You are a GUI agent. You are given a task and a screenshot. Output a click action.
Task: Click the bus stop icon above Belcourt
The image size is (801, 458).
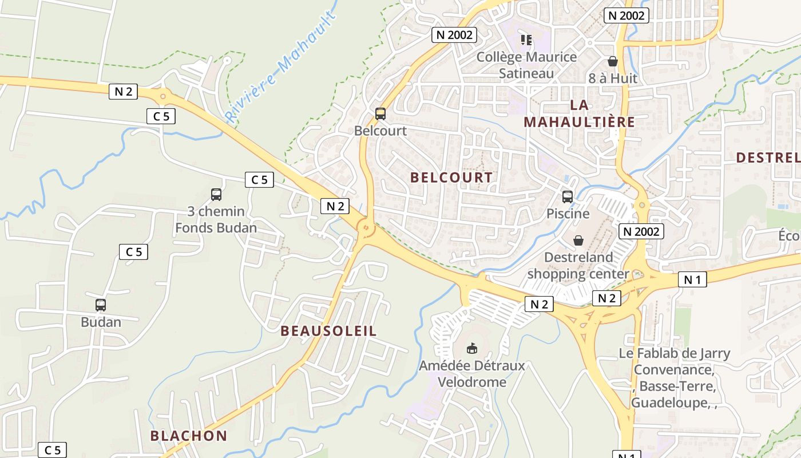[x=380, y=114]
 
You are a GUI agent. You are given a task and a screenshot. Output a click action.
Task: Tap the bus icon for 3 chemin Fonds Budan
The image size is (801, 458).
[x=216, y=195]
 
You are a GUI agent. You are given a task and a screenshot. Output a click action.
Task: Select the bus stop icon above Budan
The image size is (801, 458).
[x=101, y=305]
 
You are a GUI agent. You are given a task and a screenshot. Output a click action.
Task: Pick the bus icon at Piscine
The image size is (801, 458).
[x=568, y=197]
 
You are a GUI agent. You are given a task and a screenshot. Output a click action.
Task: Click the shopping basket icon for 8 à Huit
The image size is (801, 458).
[x=613, y=61]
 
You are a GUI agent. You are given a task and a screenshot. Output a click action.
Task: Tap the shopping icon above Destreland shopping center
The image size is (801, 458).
[x=578, y=240]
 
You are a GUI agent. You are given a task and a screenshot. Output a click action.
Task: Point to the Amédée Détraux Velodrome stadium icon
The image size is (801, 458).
[x=472, y=348]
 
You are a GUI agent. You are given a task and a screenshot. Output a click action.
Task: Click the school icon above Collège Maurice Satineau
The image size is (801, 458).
[x=526, y=40]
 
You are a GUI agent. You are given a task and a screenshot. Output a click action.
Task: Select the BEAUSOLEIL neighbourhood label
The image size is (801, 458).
[x=329, y=331]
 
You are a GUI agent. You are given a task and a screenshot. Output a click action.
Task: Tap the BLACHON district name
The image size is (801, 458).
[x=189, y=436]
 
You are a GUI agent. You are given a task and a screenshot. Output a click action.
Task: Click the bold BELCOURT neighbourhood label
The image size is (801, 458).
[x=451, y=177]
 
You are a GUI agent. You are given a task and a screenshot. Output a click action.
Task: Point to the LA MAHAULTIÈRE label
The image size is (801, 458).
[x=579, y=113]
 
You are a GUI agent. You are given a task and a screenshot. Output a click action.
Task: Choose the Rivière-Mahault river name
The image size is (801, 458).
[x=280, y=66]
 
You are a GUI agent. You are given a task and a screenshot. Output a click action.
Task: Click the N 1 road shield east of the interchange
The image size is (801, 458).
[x=692, y=279]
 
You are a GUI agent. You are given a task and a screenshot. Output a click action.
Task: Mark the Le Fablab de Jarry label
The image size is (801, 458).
[x=675, y=353]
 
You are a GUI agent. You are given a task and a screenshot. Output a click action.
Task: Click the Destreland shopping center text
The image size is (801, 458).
[x=578, y=266]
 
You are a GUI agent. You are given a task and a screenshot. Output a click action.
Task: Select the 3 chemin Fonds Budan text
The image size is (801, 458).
[x=216, y=219]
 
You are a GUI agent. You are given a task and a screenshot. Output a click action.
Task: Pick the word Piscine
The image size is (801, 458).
[x=568, y=214]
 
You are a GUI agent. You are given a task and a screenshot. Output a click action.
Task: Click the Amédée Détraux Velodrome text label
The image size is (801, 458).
[x=472, y=373]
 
